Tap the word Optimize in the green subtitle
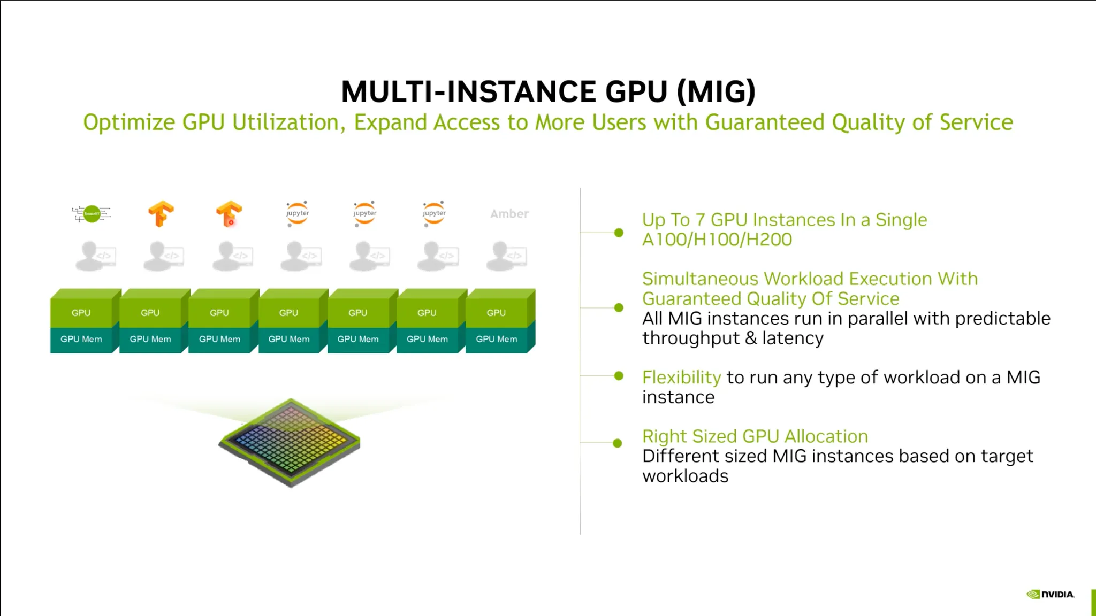(x=129, y=123)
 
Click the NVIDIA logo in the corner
(x=1050, y=594)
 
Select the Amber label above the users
(x=509, y=214)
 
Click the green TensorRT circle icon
(x=92, y=214)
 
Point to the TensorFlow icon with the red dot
(x=229, y=214)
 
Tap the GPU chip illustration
(x=290, y=443)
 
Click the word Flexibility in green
(x=681, y=378)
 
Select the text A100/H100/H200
(x=717, y=240)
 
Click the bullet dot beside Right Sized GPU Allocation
(x=618, y=443)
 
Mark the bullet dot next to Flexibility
(x=619, y=376)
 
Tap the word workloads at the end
(x=686, y=476)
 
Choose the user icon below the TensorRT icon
(x=96, y=256)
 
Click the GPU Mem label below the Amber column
(x=497, y=339)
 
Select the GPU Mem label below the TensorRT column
(x=81, y=339)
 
